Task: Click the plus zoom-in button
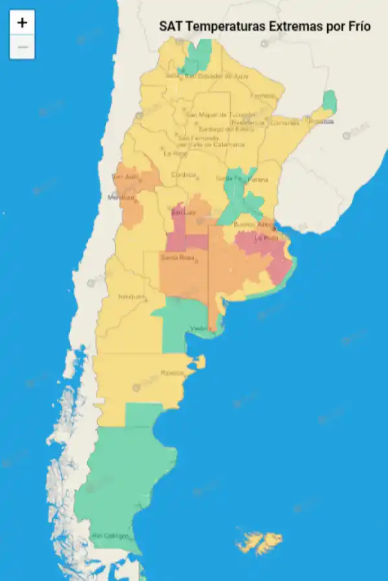tap(22, 23)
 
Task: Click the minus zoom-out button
tap(22, 47)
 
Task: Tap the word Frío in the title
tap(360, 26)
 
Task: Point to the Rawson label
tap(172, 372)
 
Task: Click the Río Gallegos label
tap(109, 536)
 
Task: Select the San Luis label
tap(181, 212)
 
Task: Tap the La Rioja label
tap(175, 154)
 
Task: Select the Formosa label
tap(263, 96)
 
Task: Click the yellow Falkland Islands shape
tap(259, 540)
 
